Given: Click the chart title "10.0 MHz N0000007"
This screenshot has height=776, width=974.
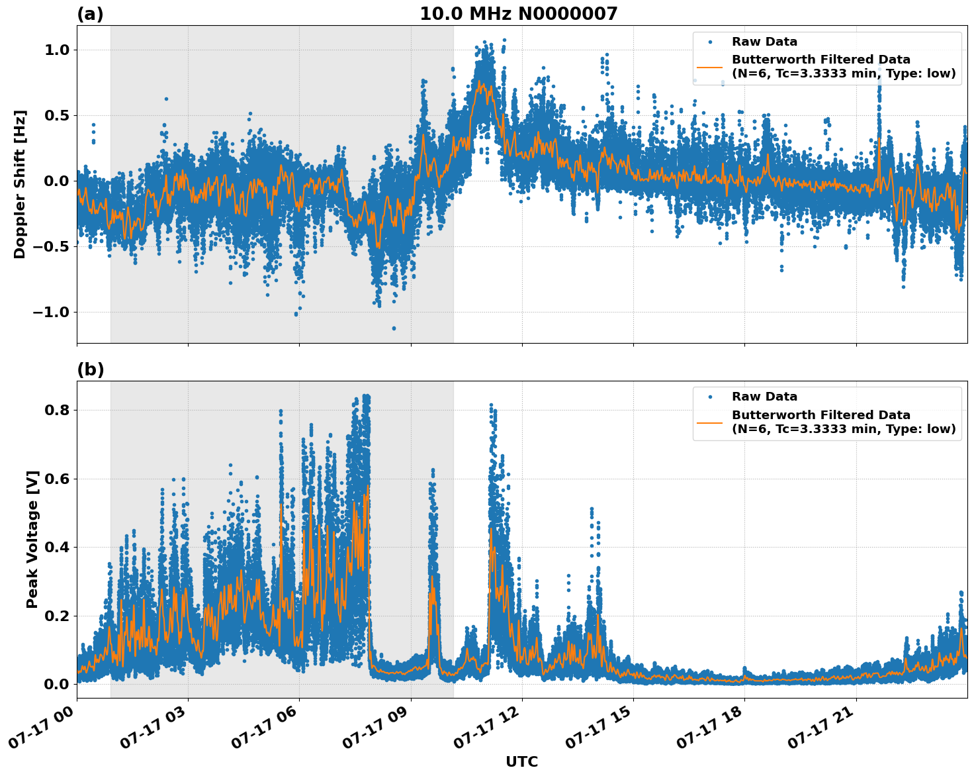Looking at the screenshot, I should (518, 14).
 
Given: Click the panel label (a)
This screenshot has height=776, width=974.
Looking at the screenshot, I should (90, 14).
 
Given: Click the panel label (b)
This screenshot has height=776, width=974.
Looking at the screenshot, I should (90, 369).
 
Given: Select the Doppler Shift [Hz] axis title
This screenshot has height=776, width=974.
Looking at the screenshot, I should (20, 184).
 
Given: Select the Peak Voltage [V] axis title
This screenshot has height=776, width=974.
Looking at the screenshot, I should (32, 539).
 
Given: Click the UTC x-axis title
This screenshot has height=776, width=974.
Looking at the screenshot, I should (521, 761).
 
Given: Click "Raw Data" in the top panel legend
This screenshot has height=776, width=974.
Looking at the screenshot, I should (764, 42).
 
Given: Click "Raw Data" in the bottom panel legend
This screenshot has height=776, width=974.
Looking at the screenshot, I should (764, 397).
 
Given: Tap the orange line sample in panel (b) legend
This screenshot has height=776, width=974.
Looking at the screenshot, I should (710, 422).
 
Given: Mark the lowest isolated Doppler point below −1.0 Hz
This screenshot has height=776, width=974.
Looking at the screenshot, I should (394, 328).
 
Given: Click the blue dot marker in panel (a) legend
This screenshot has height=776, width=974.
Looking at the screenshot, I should (710, 42).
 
